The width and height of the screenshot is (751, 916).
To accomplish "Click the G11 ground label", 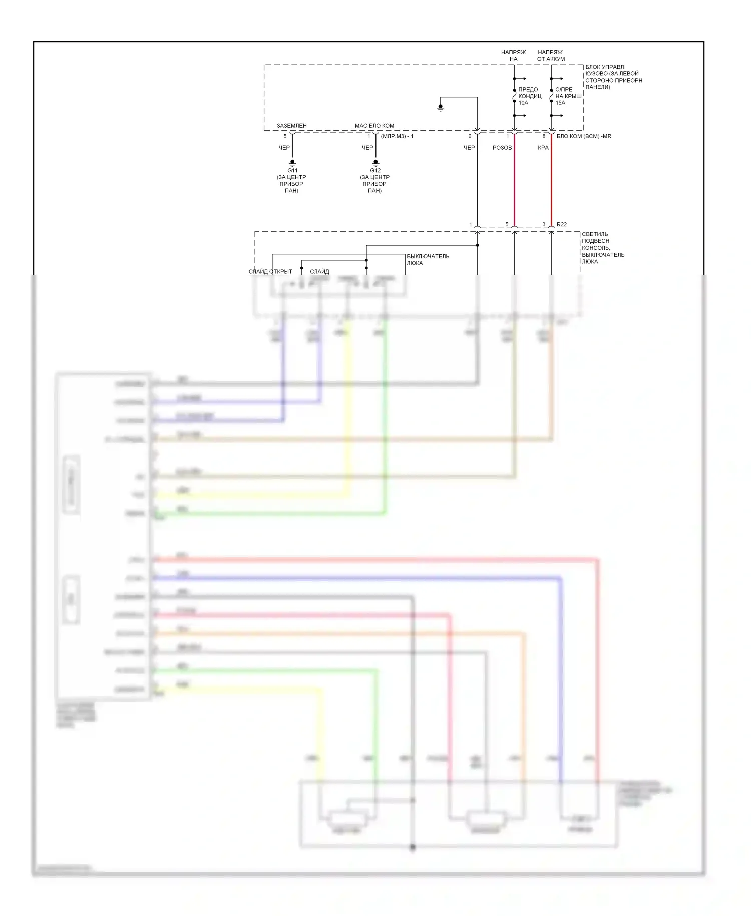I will [x=292, y=170].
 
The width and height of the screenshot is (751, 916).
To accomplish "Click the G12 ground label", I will [x=375, y=170].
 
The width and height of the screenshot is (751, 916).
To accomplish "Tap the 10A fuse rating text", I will [x=523, y=103].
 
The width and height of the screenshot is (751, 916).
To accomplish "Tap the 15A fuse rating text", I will [x=560, y=103].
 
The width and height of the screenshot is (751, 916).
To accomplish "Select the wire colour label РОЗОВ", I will [x=502, y=148].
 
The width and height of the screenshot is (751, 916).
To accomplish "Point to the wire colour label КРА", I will [x=543, y=148].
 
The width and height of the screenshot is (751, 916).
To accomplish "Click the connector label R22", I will [x=562, y=224].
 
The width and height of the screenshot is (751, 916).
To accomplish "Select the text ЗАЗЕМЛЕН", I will [x=292, y=126].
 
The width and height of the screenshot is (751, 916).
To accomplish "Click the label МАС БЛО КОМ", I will [x=374, y=126].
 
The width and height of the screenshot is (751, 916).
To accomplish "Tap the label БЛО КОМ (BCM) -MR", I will [x=584, y=136].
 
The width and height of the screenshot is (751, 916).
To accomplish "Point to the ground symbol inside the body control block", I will [x=441, y=107].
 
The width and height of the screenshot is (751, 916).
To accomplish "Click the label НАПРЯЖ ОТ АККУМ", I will [x=551, y=55].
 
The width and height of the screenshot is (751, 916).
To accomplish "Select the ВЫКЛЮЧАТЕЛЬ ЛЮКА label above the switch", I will [x=428, y=259].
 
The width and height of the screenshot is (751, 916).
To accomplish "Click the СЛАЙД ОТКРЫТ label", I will [x=270, y=271].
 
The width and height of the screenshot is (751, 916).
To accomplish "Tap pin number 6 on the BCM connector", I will [x=470, y=136].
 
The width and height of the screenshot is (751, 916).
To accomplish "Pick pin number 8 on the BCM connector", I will [x=544, y=136].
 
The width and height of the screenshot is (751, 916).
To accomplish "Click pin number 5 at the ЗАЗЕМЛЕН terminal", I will [x=285, y=136].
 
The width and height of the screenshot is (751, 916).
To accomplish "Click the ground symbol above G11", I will [x=292, y=162].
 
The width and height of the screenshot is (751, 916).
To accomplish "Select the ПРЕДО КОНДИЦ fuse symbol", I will [x=514, y=96].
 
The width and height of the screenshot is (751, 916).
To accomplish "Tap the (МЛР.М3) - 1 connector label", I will [x=397, y=136].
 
